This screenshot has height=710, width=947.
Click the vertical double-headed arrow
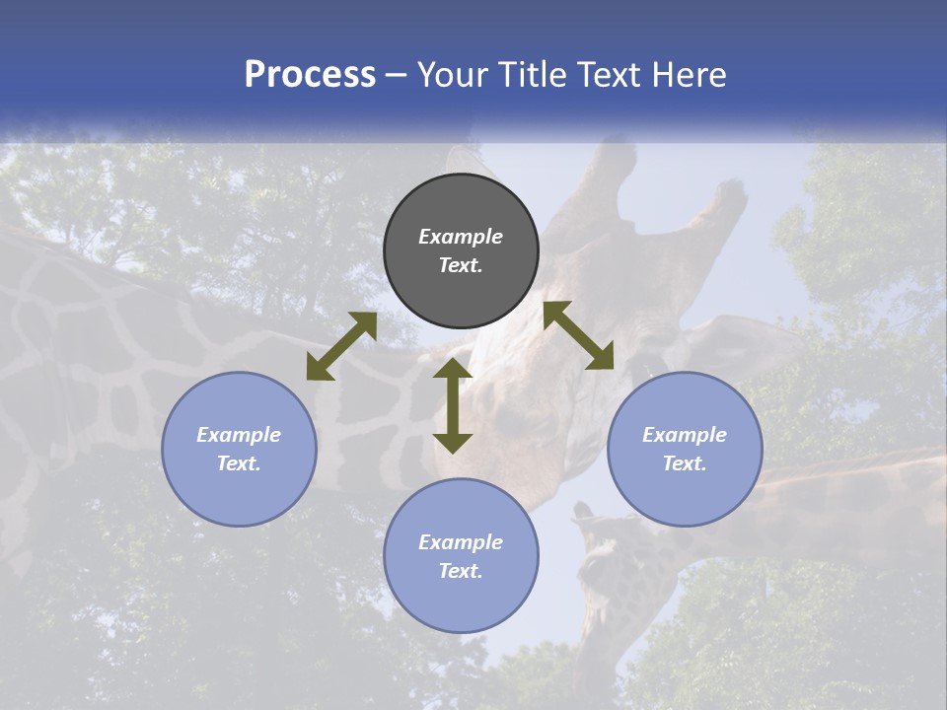pyautogui.click(x=453, y=406)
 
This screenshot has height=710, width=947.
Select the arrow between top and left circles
pyautogui.click(x=341, y=346)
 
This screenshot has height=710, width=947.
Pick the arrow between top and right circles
pyautogui.click(x=578, y=335)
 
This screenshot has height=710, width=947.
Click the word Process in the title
pyautogui.click(x=310, y=75)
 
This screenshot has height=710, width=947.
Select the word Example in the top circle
pyautogui.click(x=461, y=237)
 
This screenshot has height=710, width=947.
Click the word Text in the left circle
pyautogui.click(x=239, y=463)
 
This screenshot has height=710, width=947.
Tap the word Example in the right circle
pyautogui.click(x=685, y=435)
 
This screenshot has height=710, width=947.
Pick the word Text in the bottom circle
pyautogui.click(x=461, y=571)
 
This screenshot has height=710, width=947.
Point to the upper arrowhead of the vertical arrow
pyautogui.click(x=453, y=370)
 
